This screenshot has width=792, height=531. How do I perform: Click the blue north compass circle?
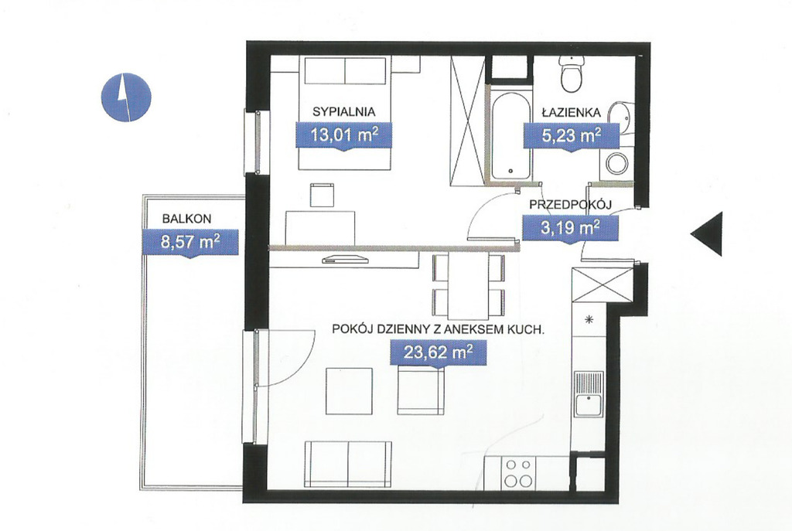pyautogui.click(x=126, y=97)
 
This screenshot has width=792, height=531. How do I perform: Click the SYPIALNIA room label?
pyautogui.click(x=344, y=111)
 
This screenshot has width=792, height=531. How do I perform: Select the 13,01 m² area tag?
pyautogui.click(x=344, y=136)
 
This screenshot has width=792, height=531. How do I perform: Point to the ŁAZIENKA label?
pyautogui.click(x=572, y=111)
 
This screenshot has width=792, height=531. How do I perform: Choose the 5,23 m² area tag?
pyautogui.click(x=571, y=136)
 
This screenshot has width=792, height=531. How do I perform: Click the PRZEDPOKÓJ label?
pyautogui.click(x=571, y=204)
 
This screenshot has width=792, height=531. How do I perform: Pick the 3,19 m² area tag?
pyautogui.click(x=570, y=228)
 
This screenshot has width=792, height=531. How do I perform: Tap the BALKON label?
pyautogui.click(x=186, y=219)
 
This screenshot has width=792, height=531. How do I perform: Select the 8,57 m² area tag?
pyautogui.click(x=190, y=243)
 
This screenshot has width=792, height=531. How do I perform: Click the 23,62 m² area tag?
pyautogui.click(x=439, y=352)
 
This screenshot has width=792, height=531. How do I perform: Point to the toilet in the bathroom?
pyautogui.click(x=572, y=73)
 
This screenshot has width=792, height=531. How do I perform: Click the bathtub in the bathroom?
pyautogui.click(x=510, y=135)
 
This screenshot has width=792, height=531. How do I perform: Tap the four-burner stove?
pyautogui.click(x=519, y=472)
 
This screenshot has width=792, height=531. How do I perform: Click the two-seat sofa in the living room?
pyautogui.click(x=348, y=463)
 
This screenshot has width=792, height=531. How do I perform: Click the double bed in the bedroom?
pyautogui.click(x=344, y=113)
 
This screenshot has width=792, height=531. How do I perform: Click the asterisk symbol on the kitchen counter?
pyautogui.click(x=588, y=319)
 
